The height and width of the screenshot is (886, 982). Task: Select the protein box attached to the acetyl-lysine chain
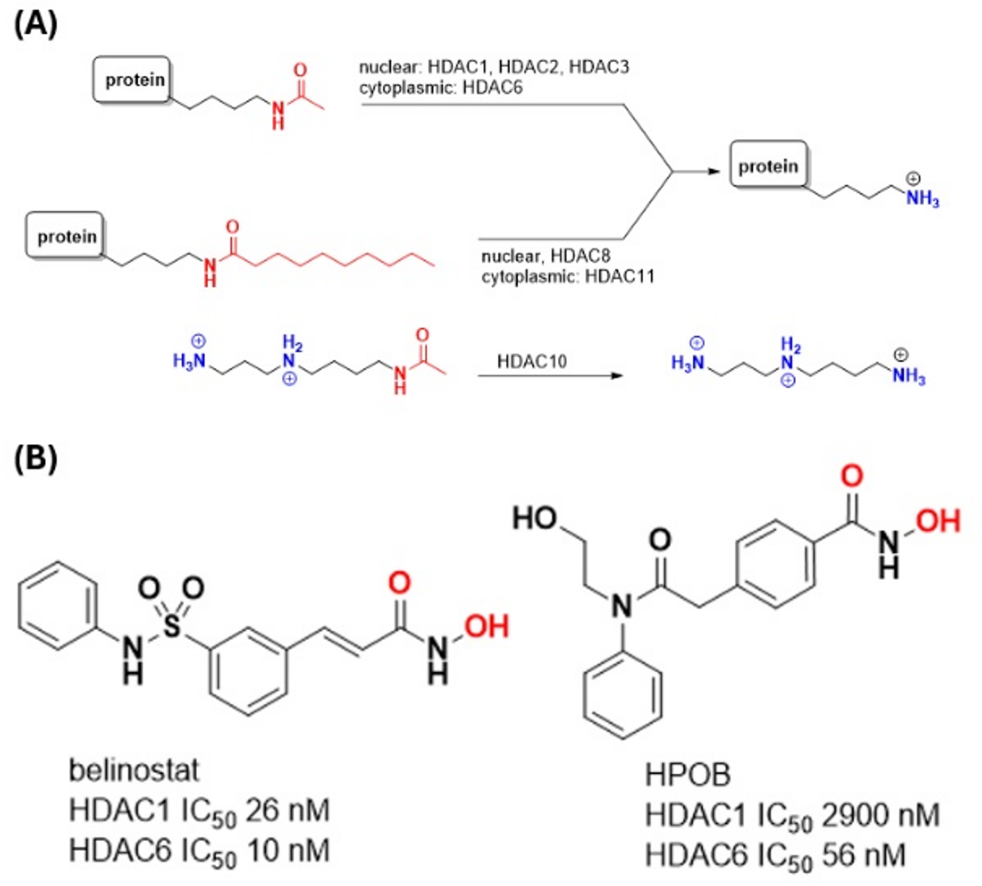click(x=132, y=79)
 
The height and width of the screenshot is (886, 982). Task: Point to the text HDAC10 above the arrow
click(x=532, y=361)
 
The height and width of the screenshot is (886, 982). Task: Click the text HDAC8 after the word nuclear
click(x=580, y=256)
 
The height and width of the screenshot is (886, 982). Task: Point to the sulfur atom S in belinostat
click(x=171, y=627)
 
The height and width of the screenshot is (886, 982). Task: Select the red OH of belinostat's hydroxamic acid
click(x=486, y=626)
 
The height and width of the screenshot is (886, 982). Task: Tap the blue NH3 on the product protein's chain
click(x=922, y=199)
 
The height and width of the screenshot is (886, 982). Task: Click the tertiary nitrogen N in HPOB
click(x=621, y=606)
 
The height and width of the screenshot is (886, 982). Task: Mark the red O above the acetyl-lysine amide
click(x=300, y=70)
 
